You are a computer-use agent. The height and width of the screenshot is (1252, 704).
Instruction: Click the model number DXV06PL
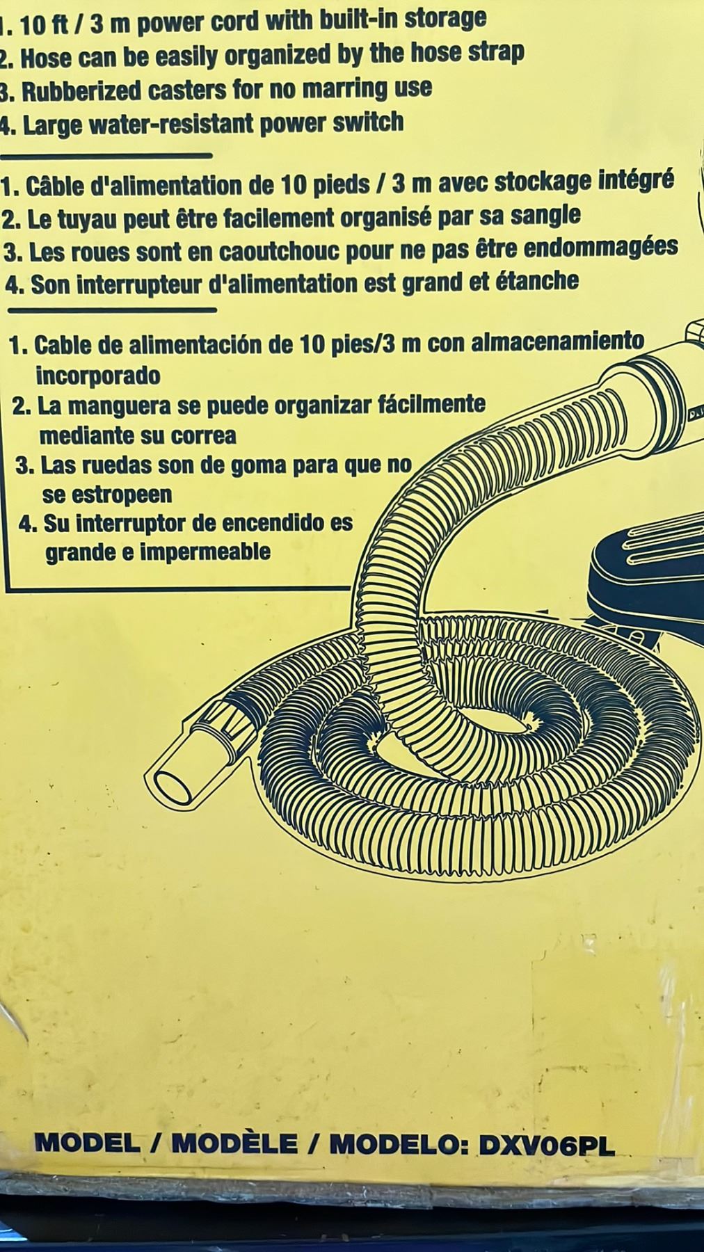coord(547,1146)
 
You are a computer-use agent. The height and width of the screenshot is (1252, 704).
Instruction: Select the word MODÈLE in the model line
coord(234,1143)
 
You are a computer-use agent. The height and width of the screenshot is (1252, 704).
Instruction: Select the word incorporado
coord(97,376)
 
